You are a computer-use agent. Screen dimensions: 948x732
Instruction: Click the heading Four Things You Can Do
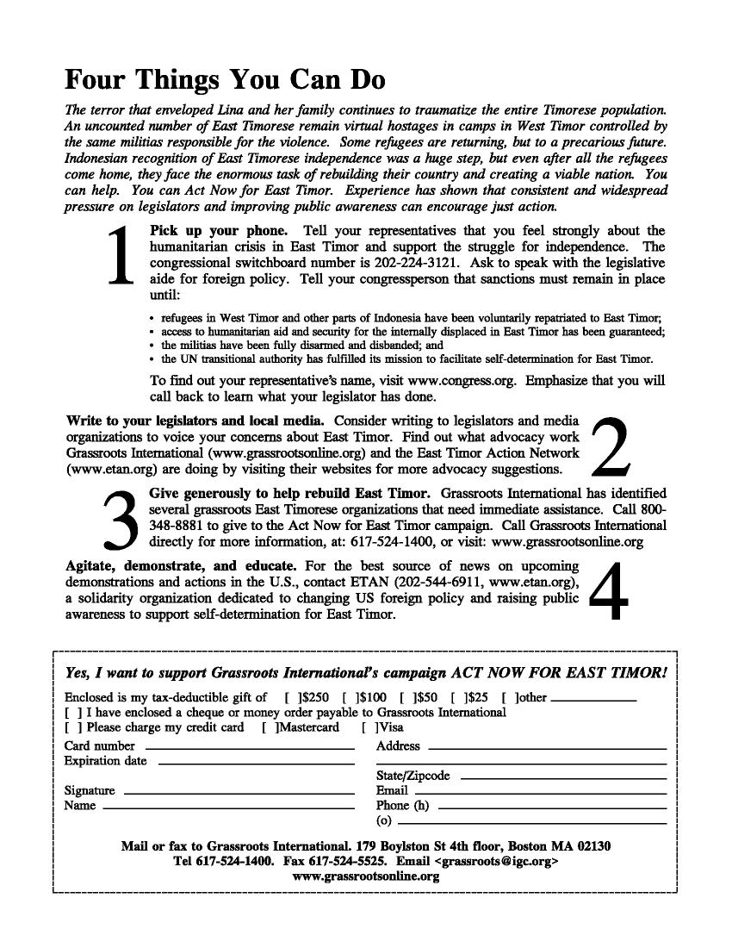pyautogui.click(x=225, y=80)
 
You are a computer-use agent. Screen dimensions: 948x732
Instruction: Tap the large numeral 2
pyautogui.click(x=611, y=446)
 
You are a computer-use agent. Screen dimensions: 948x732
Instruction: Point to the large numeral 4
pyautogui.click(x=610, y=591)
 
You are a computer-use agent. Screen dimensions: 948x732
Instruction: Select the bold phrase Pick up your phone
pyautogui.click(x=219, y=230)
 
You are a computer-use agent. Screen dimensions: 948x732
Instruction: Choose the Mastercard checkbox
pyautogui.click(x=270, y=727)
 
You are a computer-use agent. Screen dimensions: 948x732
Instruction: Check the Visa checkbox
pyautogui.click(x=370, y=727)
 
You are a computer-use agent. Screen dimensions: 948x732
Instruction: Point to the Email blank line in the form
pyautogui.click(x=540, y=792)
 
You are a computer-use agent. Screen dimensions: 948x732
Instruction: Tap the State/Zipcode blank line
pyautogui.click(x=563, y=777)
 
